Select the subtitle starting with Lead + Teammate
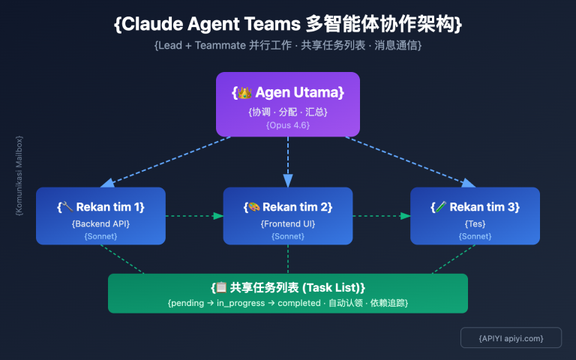click(x=288, y=46)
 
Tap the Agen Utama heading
click(x=288, y=92)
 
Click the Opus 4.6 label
click(x=288, y=124)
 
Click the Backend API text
click(x=100, y=223)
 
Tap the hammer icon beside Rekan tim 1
click(x=68, y=207)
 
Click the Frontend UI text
click(x=288, y=223)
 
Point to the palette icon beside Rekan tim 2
click(x=253, y=207)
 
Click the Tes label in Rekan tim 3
click(x=475, y=223)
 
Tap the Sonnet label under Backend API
click(x=100, y=236)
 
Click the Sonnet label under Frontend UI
click(x=288, y=236)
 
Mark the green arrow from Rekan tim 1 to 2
click(x=194, y=216)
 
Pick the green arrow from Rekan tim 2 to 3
click(x=381, y=216)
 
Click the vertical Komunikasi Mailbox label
click(x=19, y=175)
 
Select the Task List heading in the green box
click(x=288, y=287)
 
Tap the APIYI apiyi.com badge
click(x=511, y=338)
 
